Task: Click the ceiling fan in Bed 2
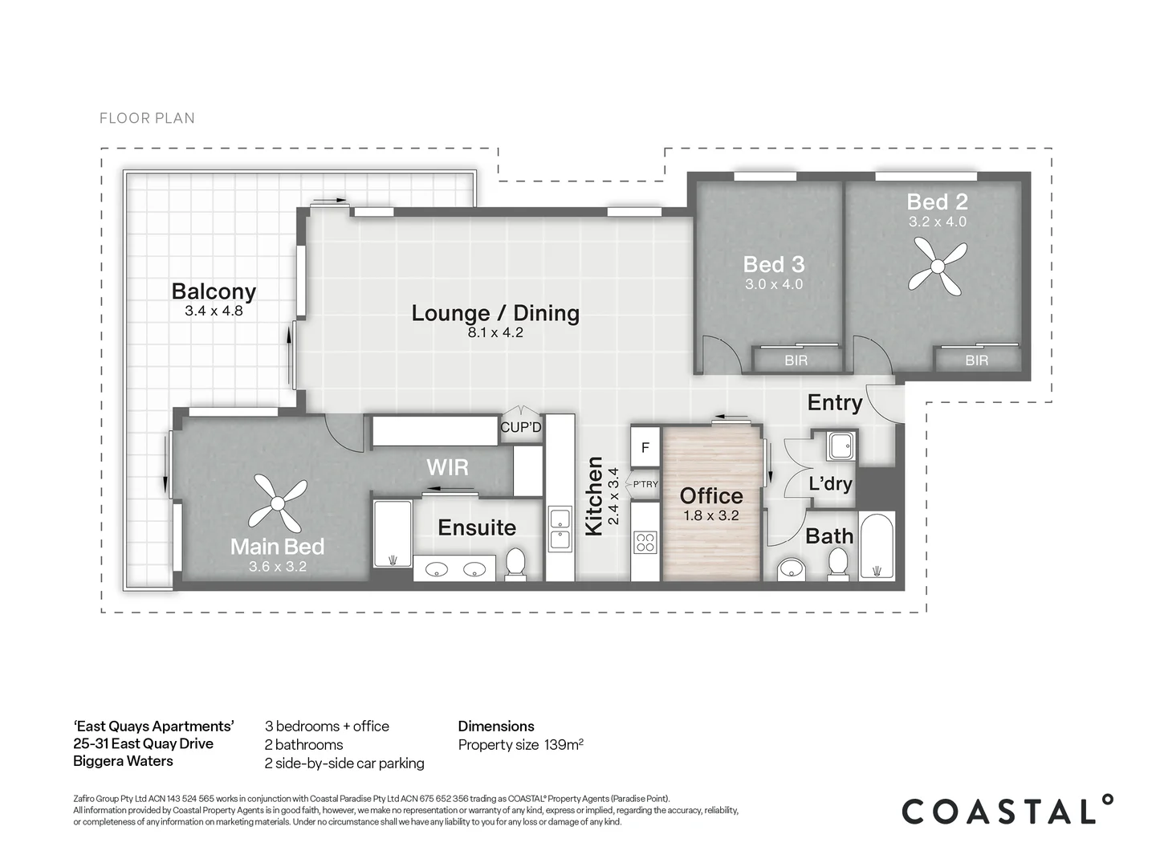click(938, 267)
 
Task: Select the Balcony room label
click(214, 291)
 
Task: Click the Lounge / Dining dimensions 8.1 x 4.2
click(495, 332)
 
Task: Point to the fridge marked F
click(645, 447)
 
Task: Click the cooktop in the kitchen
click(645, 542)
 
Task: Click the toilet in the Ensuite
click(515, 564)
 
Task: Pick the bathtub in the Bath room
click(877, 546)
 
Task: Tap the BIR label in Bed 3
click(796, 360)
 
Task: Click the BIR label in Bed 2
click(977, 360)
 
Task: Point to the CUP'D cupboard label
click(520, 427)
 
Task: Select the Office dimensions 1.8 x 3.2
click(711, 516)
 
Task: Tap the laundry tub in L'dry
click(841, 446)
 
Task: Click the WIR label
click(447, 467)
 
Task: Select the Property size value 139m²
click(564, 745)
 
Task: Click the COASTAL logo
click(1007, 811)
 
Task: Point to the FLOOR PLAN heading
click(147, 119)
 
